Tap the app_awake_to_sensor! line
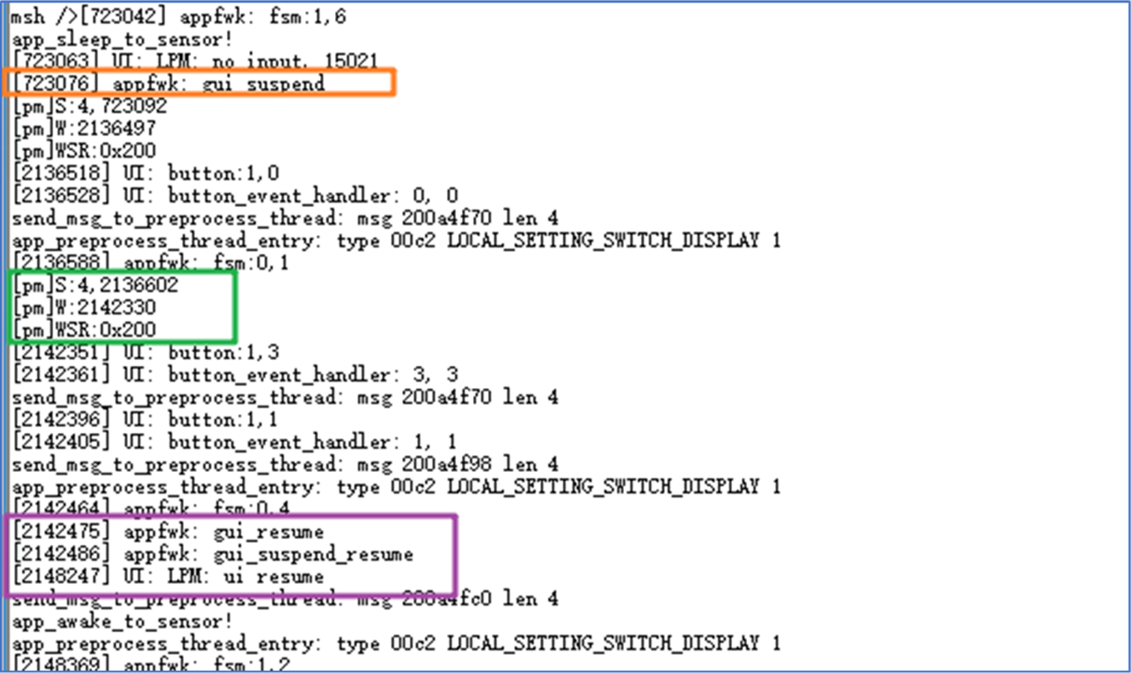pyautogui.click(x=121, y=621)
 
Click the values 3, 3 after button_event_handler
pyautogui.click(x=435, y=375)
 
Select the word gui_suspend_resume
pyautogui.click(x=312, y=554)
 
